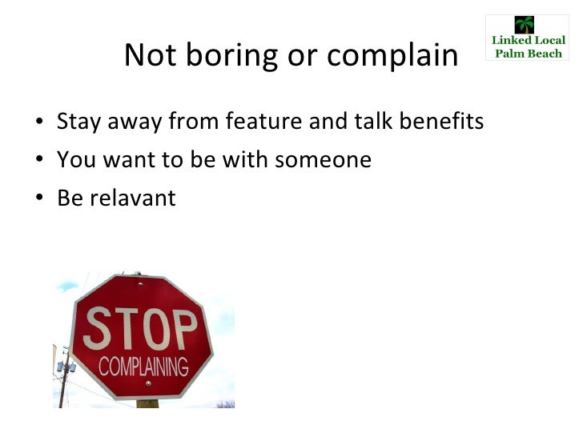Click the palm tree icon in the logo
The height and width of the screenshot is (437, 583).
coord(525,25)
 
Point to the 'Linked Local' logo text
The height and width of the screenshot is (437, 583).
coord(527,41)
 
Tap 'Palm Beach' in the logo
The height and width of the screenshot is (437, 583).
coord(527,54)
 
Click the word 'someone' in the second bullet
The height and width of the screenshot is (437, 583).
coord(323,160)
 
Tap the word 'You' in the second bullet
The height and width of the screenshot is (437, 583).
coord(74,160)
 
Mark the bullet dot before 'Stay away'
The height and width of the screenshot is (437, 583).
coord(39,123)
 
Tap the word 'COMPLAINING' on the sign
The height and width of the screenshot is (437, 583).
coord(143,367)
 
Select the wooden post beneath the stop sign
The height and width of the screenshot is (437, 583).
coord(147,403)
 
